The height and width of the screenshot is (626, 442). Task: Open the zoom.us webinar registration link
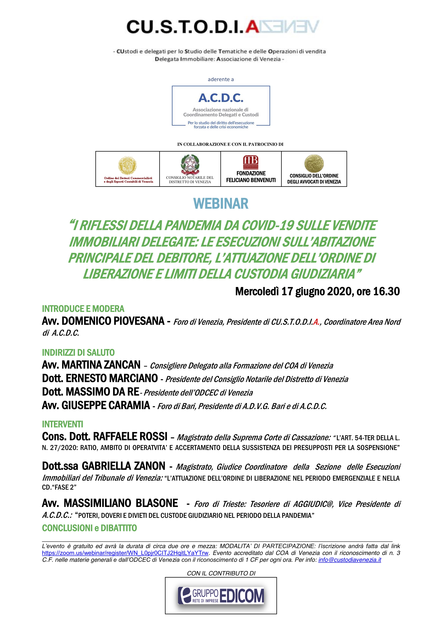pos(125,553)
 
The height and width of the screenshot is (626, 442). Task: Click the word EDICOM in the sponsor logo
pos(242,596)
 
